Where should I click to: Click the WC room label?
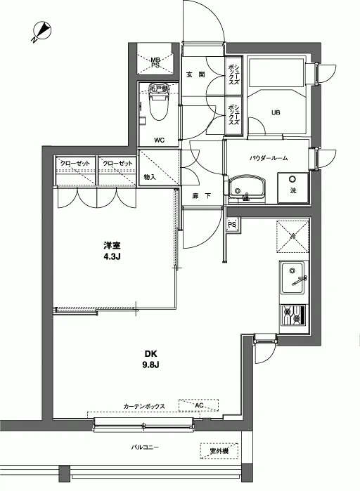(160, 140)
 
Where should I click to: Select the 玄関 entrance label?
(195, 75)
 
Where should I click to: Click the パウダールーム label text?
(268, 159)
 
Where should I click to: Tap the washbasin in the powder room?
(247, 188)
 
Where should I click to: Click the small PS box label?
(231, 225)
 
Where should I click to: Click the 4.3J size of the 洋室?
(113, 257)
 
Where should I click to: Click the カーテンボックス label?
(144, 407)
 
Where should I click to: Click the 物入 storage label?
(150, 177)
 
